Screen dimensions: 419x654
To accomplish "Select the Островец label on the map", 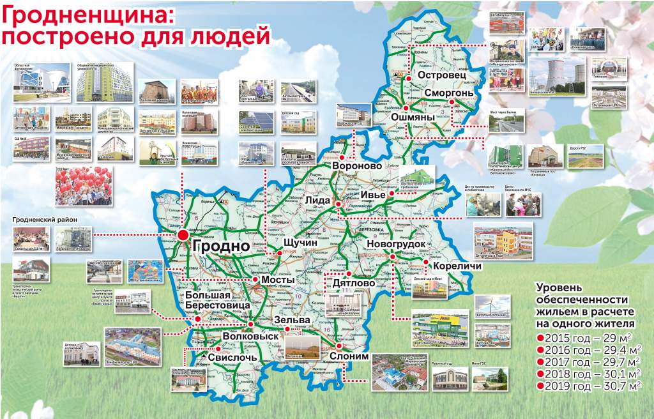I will [440, 76].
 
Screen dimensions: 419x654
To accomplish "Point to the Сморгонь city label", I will [450, 93].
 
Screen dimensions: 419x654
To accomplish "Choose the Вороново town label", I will [358, 166].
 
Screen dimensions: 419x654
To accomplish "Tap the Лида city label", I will [318, 200].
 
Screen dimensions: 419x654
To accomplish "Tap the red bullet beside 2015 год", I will [540, 337].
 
